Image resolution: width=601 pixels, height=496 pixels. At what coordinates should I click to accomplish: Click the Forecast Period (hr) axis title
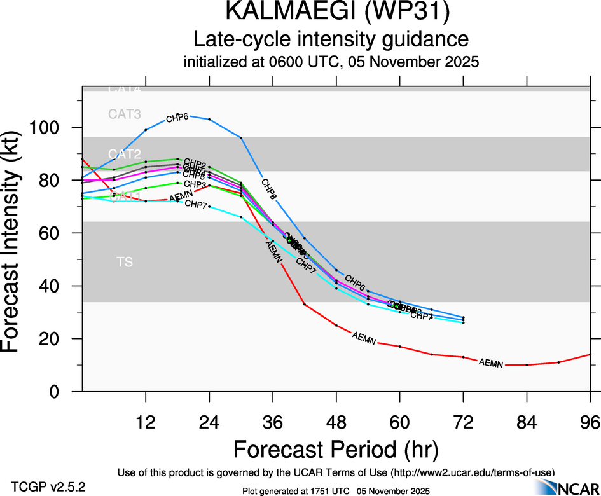(x=336, y=450)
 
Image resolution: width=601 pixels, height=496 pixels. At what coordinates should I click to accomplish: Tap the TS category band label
(x=125, y=262)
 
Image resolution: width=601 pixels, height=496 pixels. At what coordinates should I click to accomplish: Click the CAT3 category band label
(x=124, y=114)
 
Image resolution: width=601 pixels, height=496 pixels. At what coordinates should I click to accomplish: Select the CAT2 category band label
(x=124, y=154)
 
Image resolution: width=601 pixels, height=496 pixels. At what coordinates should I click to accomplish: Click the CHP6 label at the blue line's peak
(x=177, y=118)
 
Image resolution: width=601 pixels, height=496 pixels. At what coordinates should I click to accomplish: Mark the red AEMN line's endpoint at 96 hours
(x=591, y=354)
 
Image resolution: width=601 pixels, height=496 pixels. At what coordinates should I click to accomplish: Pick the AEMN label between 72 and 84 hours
(x=491, y=364)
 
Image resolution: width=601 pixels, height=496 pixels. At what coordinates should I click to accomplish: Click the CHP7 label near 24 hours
(x=195, y=204)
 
